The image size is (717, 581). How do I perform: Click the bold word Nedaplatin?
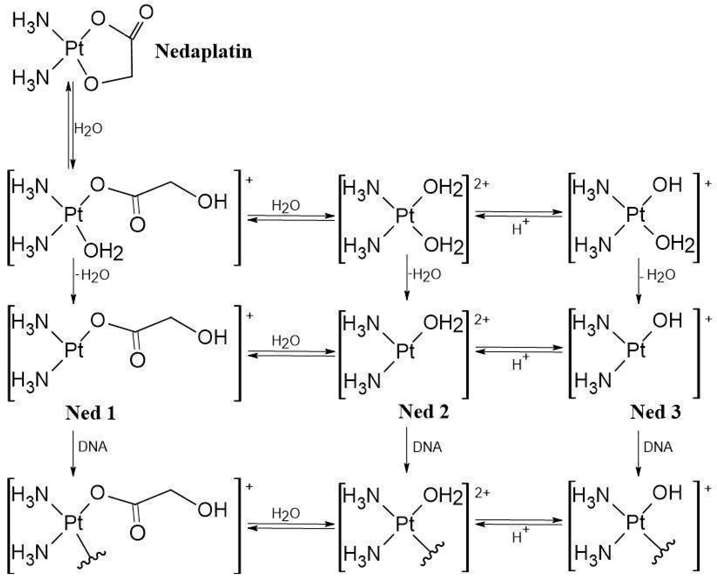(x=203, y=52)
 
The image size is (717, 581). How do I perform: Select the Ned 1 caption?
(x=90, y=413)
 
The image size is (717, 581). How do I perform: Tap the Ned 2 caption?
(x=423, y=412)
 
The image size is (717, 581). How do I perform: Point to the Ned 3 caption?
(x=655, y=412)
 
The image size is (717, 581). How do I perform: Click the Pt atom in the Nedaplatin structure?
(x=74, y=49)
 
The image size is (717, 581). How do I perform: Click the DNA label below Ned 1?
(x=92, y=447)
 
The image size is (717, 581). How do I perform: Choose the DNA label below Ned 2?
(x=427, y=447)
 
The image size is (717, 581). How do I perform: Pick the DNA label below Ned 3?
(x=658, y=447)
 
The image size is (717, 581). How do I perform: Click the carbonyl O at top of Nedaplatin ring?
(x=145, y=12)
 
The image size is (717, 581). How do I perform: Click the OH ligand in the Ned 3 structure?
(x=667, y=321)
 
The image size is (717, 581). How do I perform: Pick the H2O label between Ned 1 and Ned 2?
(x=285, y=341)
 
